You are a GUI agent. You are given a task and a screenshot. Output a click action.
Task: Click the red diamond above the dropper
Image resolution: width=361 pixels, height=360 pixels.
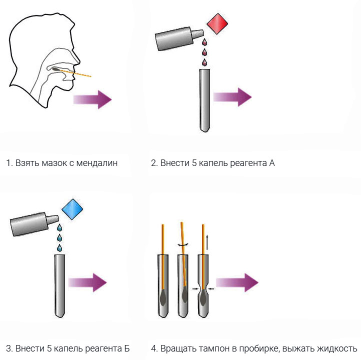[x=217, y=24]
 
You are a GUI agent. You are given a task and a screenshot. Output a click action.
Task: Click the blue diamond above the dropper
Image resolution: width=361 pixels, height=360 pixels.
[x=72, y=209]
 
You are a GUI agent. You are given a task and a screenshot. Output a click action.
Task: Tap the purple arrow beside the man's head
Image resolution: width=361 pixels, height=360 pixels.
[x=93, y=99]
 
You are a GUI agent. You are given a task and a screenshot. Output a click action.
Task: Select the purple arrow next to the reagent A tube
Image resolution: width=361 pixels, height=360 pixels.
[x=233, y=96]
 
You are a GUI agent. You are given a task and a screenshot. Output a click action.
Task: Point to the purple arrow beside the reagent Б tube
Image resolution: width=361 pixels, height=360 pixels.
[x=88, y=282]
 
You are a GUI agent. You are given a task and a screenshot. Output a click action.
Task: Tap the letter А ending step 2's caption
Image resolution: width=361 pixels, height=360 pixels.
[x=271, y=163]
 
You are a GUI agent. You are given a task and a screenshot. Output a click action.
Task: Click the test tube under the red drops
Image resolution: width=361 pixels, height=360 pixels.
[x=204, y=100]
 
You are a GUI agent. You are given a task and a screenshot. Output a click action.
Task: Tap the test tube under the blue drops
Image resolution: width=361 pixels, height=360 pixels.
[x=59, y=285]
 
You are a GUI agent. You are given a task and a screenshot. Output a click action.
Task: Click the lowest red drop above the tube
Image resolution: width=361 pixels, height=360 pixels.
[x=204, y=62]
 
